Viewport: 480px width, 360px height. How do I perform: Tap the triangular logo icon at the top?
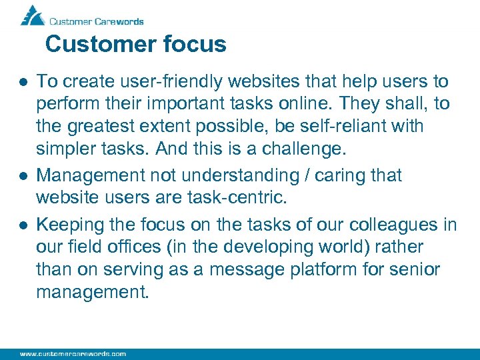(x=32, y=15)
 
